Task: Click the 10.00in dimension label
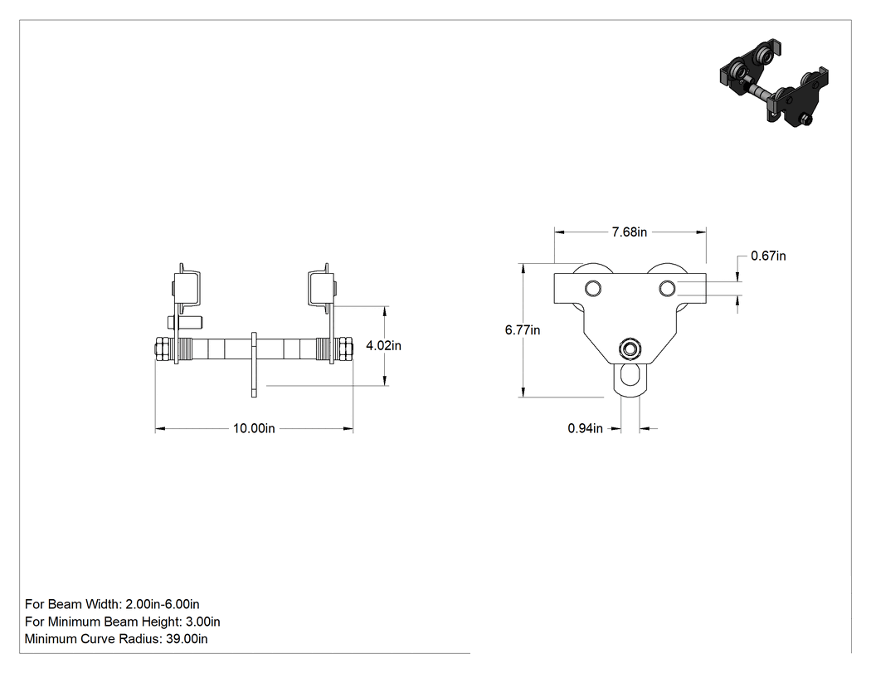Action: pyautogui.click(x=254, y=428)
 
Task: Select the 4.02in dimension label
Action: pyautogui.click(x=383, y=346)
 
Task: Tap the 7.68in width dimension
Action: pyautogui.click(x=630, y=232)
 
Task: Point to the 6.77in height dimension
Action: pyautogui.click(x=522, y=330)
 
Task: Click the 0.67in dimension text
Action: pyautogui.click(x=768, y=256)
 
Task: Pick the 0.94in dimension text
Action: pyautogui.click(x=585, y=428)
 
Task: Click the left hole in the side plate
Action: pyautogui.click(x=593, y=289)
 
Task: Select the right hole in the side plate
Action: pyautogui.click(x=667, y=289)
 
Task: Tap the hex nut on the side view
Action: pyautogui.click(x=630, y=349)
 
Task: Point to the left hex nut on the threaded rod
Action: pyautogui.click(x=163, y=349)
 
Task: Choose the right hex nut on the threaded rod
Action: pyautogui.click(x=344, y=349)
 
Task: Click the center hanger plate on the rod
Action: pyautogui.click(x=254, y=364)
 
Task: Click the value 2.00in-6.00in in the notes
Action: pyautogui.click(x=163, y=604)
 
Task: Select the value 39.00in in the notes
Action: pyautogui.click(x=187, y=639)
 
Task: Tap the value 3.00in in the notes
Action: pyautogui.click(x=202, y=622)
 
